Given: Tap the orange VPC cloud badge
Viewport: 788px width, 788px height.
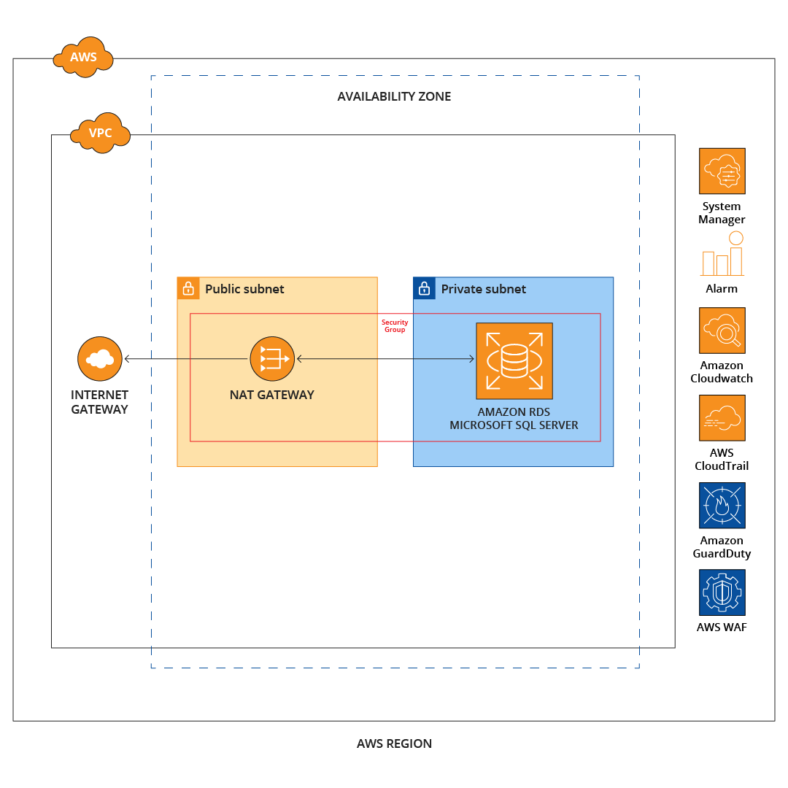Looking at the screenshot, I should pyautogui.click(x=100, y=133).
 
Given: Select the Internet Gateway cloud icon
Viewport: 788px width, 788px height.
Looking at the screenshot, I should pyautogui.click(x=100, y=358).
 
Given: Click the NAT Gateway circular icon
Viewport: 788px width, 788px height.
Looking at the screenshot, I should pyautogui.click(x=272, y=358).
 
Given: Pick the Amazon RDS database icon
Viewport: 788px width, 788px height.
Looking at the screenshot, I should pyautogui.click(x=514, y=360).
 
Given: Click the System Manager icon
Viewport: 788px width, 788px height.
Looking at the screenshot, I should pyautogui.click(x=722, y=171).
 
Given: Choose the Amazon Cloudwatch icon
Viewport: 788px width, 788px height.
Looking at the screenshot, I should pyautogui.click(x=722, y=330).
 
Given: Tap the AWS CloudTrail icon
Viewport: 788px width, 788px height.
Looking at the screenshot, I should pyautogui.click(x=722, y=418).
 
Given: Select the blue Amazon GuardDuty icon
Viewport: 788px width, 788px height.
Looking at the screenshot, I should pyautogui.click(x=722, y=505).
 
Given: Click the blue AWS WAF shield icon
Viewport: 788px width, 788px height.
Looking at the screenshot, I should pyautogui.click(x=722, y=592).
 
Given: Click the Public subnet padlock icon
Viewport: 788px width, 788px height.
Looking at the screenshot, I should pyautogui.click(x=188, y=288).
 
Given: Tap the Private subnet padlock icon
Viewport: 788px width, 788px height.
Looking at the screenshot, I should pyautogui.click(x=424, y=288).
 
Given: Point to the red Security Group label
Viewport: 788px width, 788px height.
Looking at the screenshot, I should pyautogui.click(x=395, y=326).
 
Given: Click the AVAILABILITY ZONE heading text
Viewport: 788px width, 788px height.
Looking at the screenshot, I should pyautogui.click(x=394, y=96).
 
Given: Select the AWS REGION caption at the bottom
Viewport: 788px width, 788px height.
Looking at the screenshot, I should pyautogui.click(x=394, y=743).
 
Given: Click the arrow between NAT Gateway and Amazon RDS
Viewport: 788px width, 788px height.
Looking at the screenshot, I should pyautogui.click(x=385, y=358).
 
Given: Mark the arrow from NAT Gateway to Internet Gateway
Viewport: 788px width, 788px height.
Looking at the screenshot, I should pyautogui.click(x=186, y=358).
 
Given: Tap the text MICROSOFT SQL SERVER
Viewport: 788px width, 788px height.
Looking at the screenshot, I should pyautogui.click(x=514, y=425).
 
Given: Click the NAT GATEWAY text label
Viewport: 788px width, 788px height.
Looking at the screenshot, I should pyautogui.click(x=272, y=395).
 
